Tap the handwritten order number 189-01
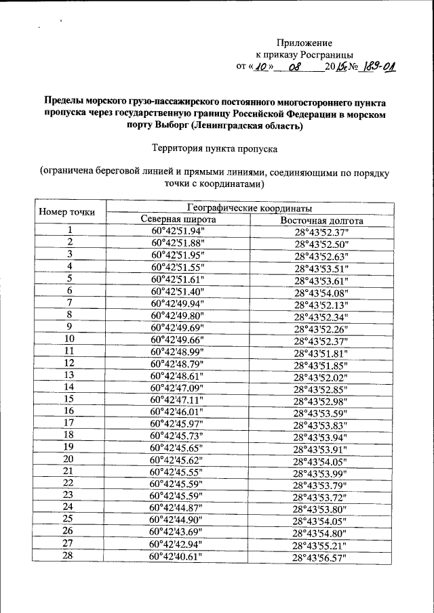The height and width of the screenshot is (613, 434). tap(376, 67)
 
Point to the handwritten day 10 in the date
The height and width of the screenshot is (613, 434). tap(262, 67)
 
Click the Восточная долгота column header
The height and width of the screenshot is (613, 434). tap(321, 221)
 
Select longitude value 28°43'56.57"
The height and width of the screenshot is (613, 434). tap(320, 559)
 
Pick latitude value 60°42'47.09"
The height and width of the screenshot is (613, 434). tap(178, 387)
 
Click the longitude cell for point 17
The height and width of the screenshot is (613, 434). tap(320, 425)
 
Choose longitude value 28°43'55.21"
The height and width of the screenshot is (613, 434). tap(320, 545)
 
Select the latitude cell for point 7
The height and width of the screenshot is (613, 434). tap(178, 303)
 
